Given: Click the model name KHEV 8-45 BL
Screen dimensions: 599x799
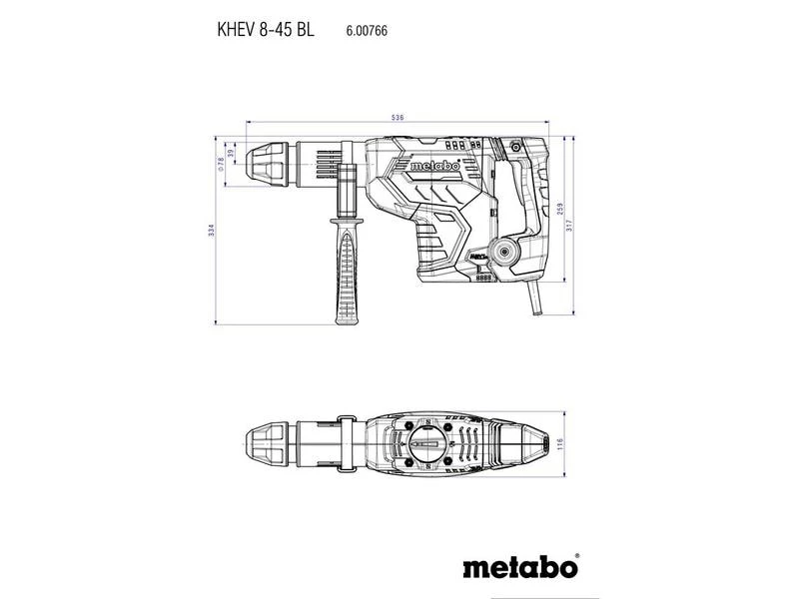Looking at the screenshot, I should (x=266, y=31).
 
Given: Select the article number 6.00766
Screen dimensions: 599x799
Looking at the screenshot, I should (x=368, y=32).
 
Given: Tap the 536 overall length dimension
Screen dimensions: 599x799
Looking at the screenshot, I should (x=399, y=119).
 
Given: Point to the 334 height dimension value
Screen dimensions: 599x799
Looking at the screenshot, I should (x=211, y=230).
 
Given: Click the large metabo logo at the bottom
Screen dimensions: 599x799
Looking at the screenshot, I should (x=519, y=568).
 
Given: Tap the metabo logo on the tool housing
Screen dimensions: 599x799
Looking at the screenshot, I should (x=432, y=168).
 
